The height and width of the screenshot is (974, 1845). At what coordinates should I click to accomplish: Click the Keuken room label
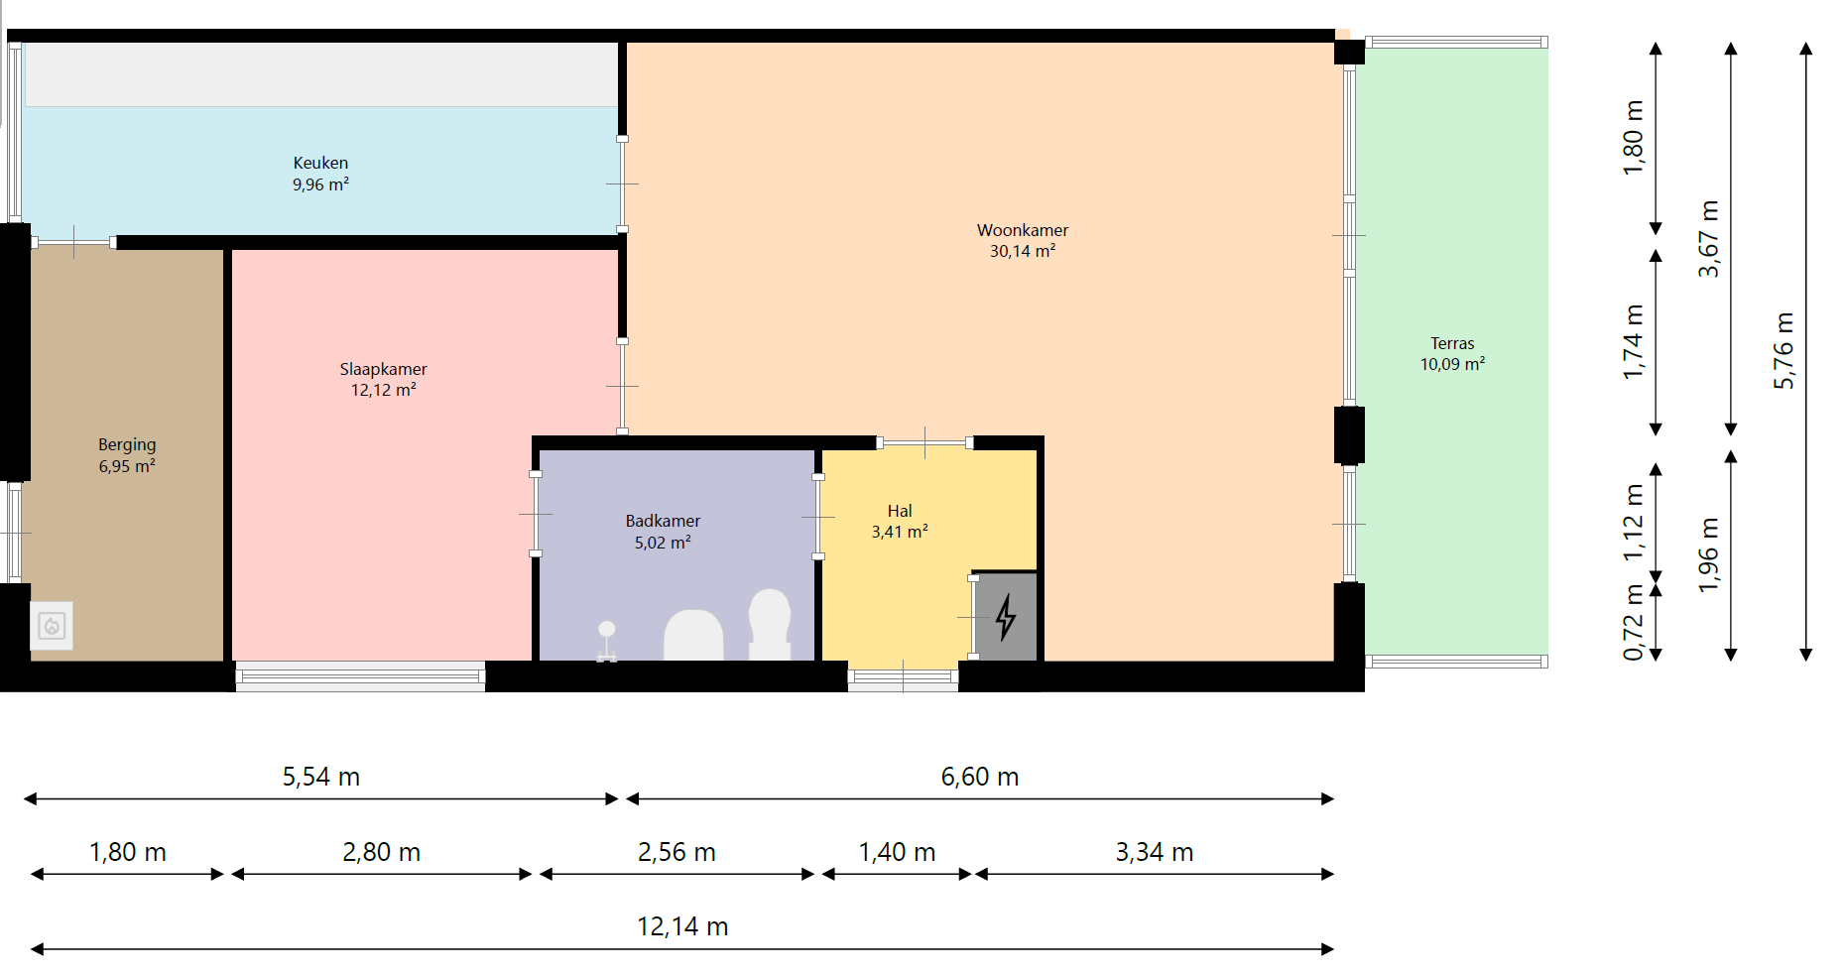click(320, 163)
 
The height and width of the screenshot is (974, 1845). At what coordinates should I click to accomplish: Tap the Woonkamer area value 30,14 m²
click(1022, 251)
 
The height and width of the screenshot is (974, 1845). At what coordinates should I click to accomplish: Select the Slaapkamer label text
click(383, 369)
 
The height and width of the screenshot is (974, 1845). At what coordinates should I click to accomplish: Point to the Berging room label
click(127, 444)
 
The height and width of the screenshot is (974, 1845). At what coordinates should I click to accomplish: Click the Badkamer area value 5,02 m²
click(663, 543)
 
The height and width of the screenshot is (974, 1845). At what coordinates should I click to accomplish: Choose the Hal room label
click(900, 511)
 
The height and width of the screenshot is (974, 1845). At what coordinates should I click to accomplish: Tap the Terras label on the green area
click(1452, 343)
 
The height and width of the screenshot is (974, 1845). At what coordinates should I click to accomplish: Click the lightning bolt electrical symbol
click(1006, 616)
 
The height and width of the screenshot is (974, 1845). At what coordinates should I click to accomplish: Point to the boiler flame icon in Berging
click(52, 626)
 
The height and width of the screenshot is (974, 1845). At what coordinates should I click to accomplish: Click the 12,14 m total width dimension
click(682, 926)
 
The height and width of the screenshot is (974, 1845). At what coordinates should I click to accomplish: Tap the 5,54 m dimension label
click(320, 777)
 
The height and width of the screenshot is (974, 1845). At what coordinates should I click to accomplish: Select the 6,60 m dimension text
click(980, 777)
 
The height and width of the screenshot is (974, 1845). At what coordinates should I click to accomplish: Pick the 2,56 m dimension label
click(676, 852)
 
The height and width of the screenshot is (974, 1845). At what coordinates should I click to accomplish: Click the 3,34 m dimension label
click(1155, 852)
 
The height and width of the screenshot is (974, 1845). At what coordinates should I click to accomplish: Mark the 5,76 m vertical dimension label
click(1783, 350)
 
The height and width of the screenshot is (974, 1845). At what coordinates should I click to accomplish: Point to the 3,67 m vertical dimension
click(1708, 239)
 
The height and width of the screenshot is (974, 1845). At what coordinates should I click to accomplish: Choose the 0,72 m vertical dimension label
click(1633, 623)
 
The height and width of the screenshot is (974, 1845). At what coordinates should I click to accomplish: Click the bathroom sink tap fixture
click(607, 641)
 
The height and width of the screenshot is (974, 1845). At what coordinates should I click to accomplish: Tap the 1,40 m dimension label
click(897, 852)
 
